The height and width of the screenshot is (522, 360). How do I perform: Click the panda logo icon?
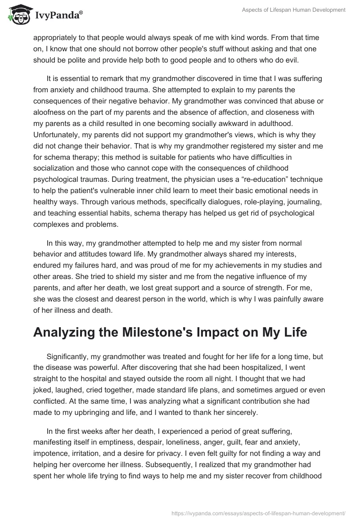click(18, 15)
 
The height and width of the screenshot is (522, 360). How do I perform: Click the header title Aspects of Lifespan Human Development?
click(293, 9)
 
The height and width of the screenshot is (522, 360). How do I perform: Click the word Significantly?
click(67, 356)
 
